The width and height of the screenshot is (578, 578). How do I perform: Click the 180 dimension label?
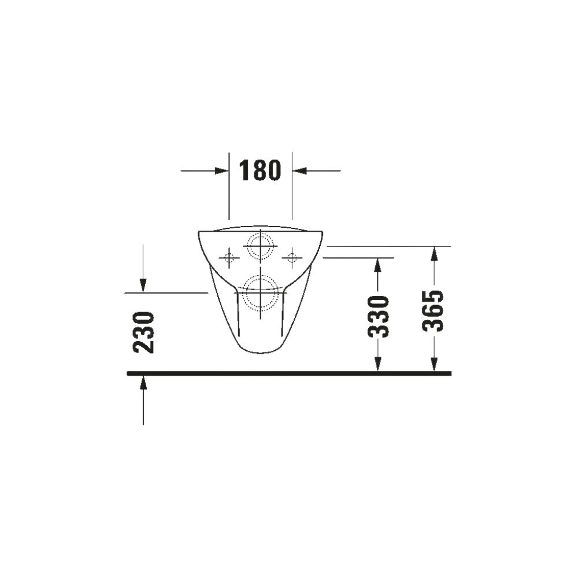click(x=260, y=171)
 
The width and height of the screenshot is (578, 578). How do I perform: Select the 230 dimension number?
click(x=144, y=332)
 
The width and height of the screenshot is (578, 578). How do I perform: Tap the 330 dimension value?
click(x=378, y=317)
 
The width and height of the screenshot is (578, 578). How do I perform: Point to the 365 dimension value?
click(x=433, y=311)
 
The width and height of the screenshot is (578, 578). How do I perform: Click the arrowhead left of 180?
click(x=222, y=171)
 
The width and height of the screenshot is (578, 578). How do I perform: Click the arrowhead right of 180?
click(x=299, y=171)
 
